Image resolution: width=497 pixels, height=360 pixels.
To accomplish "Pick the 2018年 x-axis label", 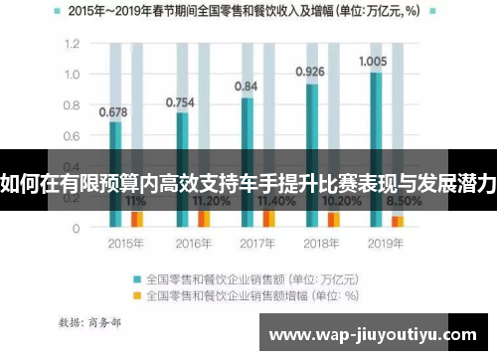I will tap(322, 242).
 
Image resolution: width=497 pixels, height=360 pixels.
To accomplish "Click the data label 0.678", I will tap(111, 112).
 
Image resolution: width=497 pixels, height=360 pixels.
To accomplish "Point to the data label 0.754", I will tap(179, 101).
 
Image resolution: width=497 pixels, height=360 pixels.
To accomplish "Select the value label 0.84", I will tap(247, 87).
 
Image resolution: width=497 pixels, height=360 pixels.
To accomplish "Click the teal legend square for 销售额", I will tap(137, 279).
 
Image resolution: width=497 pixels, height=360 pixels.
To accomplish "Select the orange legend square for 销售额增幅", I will tap(137, 295).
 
